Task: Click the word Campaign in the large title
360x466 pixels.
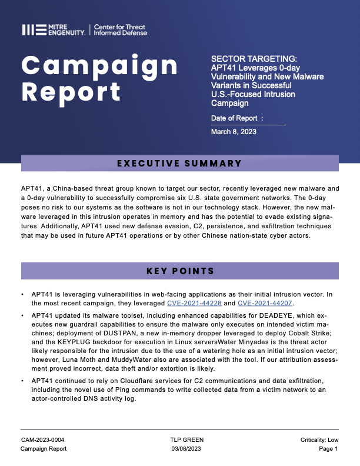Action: (x=100, y=64)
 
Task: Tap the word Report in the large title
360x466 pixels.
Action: (x=71, y=91)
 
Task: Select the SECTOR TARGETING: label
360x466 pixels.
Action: (x=254, y=59)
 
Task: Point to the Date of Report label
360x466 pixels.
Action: (x=237, y=118)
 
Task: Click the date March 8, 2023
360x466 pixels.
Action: (x=234, y=132)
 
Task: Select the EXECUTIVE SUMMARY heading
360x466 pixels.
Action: (x=179, y=163)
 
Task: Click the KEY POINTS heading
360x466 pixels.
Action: (x=179, y=271)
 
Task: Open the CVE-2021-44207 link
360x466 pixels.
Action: (x=265, y=303)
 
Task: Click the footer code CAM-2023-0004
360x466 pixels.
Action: (x=43, y=440)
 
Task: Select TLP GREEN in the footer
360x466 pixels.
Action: (x=178, y=440)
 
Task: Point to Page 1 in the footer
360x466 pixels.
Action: (x=327, y=449)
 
